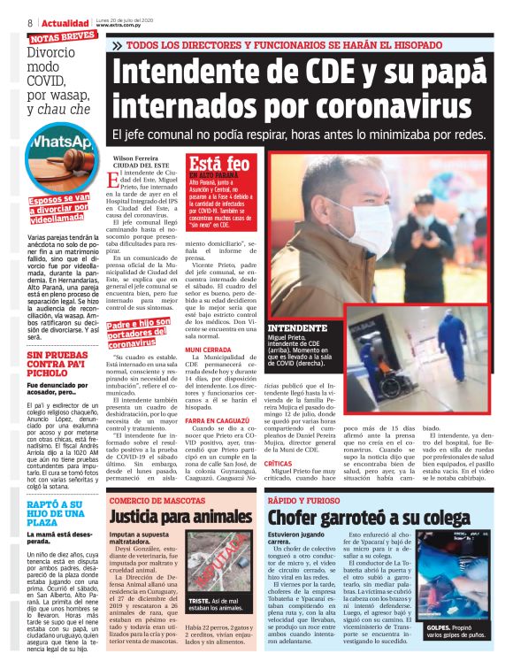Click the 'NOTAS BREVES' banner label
click(62, 36)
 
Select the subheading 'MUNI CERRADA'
click(209, 350)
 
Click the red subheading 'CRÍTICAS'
click(278, 463)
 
